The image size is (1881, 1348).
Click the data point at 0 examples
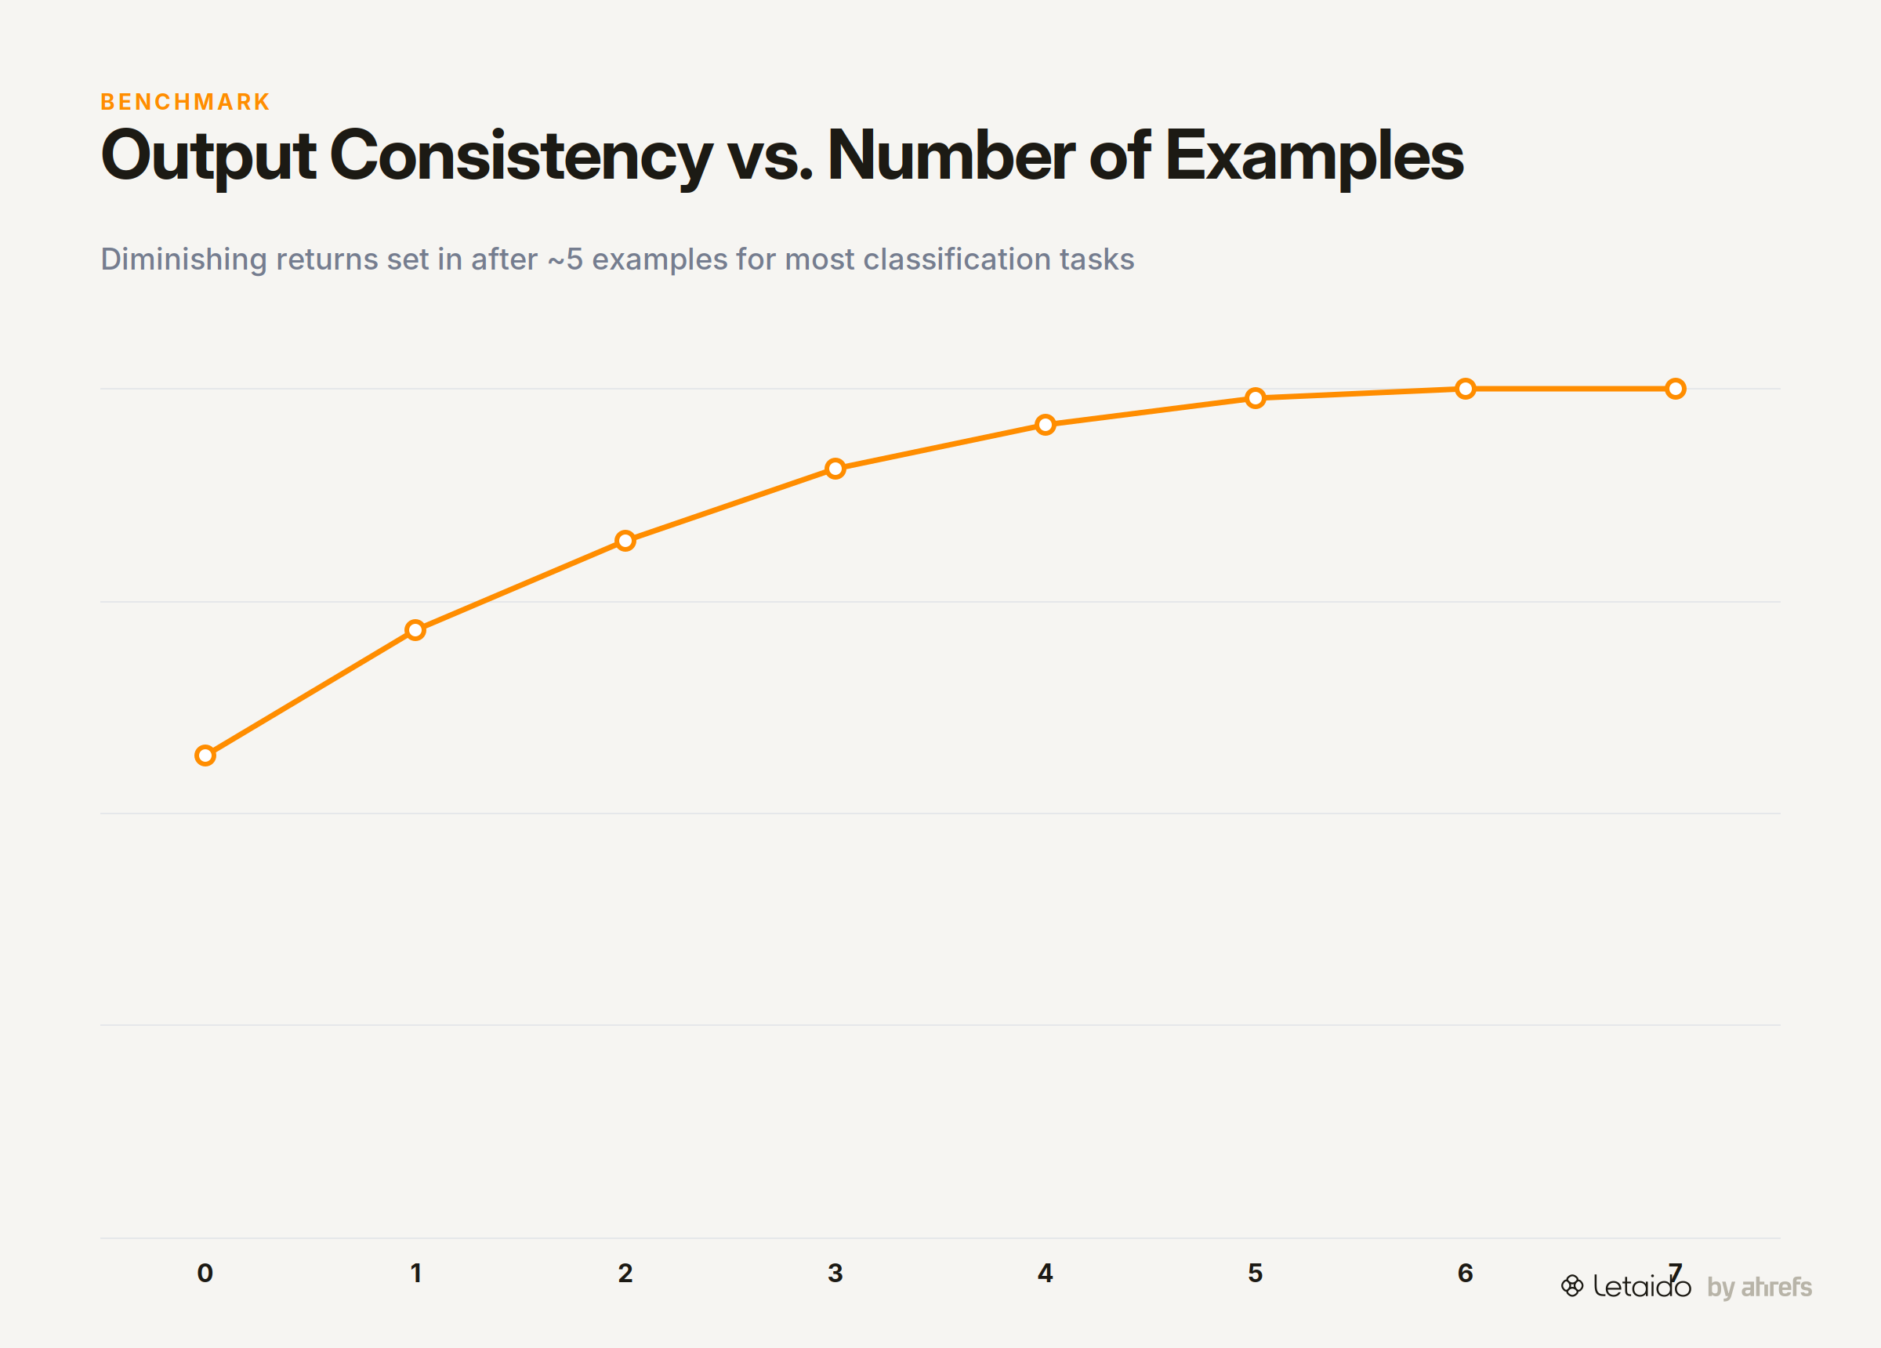tap(205, 756)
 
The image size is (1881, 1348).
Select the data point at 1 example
tap(415, 630)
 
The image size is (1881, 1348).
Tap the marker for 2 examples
tap(625, 541)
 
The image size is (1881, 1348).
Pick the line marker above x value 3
tap(835, 469)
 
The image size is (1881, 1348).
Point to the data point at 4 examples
tap(1045, 425)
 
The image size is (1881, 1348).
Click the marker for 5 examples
tap(1256, 398)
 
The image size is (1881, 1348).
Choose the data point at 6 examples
tap(1466, 388)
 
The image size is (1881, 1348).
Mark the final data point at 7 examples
tap(1676, 388)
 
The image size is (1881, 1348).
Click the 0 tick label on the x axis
tap(205, 1274)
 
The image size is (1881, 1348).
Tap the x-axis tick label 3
tap(835, 1274)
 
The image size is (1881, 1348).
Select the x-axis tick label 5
tap(1256, 1274)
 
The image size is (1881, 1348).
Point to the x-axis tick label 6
tap(1466, 1274)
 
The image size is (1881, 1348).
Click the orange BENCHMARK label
tap(185, 102)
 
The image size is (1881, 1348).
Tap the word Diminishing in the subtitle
tap(184, 260)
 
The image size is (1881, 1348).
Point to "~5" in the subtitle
tap(565, 259)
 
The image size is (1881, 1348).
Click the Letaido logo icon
tap(1571, 1286)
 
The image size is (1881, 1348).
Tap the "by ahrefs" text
tap(1759, 1288)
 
